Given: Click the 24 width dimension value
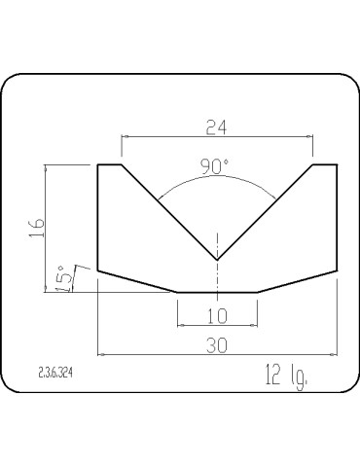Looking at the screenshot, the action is (x=217, y=127).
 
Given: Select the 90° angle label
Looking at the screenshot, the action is (x=215, y=166).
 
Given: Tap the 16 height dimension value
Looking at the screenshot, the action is (x=37, y=228).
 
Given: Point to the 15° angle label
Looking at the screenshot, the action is (x=63, y=279).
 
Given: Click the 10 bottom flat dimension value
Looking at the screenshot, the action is (x=217, y=316).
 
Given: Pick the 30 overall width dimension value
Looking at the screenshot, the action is (x=217, y=345).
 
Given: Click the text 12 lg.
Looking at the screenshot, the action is (x=286, y=377).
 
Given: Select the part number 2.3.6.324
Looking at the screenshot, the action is (x=55, y=374).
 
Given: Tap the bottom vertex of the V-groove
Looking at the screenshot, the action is (x=217, y=260).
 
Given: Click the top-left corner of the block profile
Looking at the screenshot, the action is (x=98, y=165).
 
